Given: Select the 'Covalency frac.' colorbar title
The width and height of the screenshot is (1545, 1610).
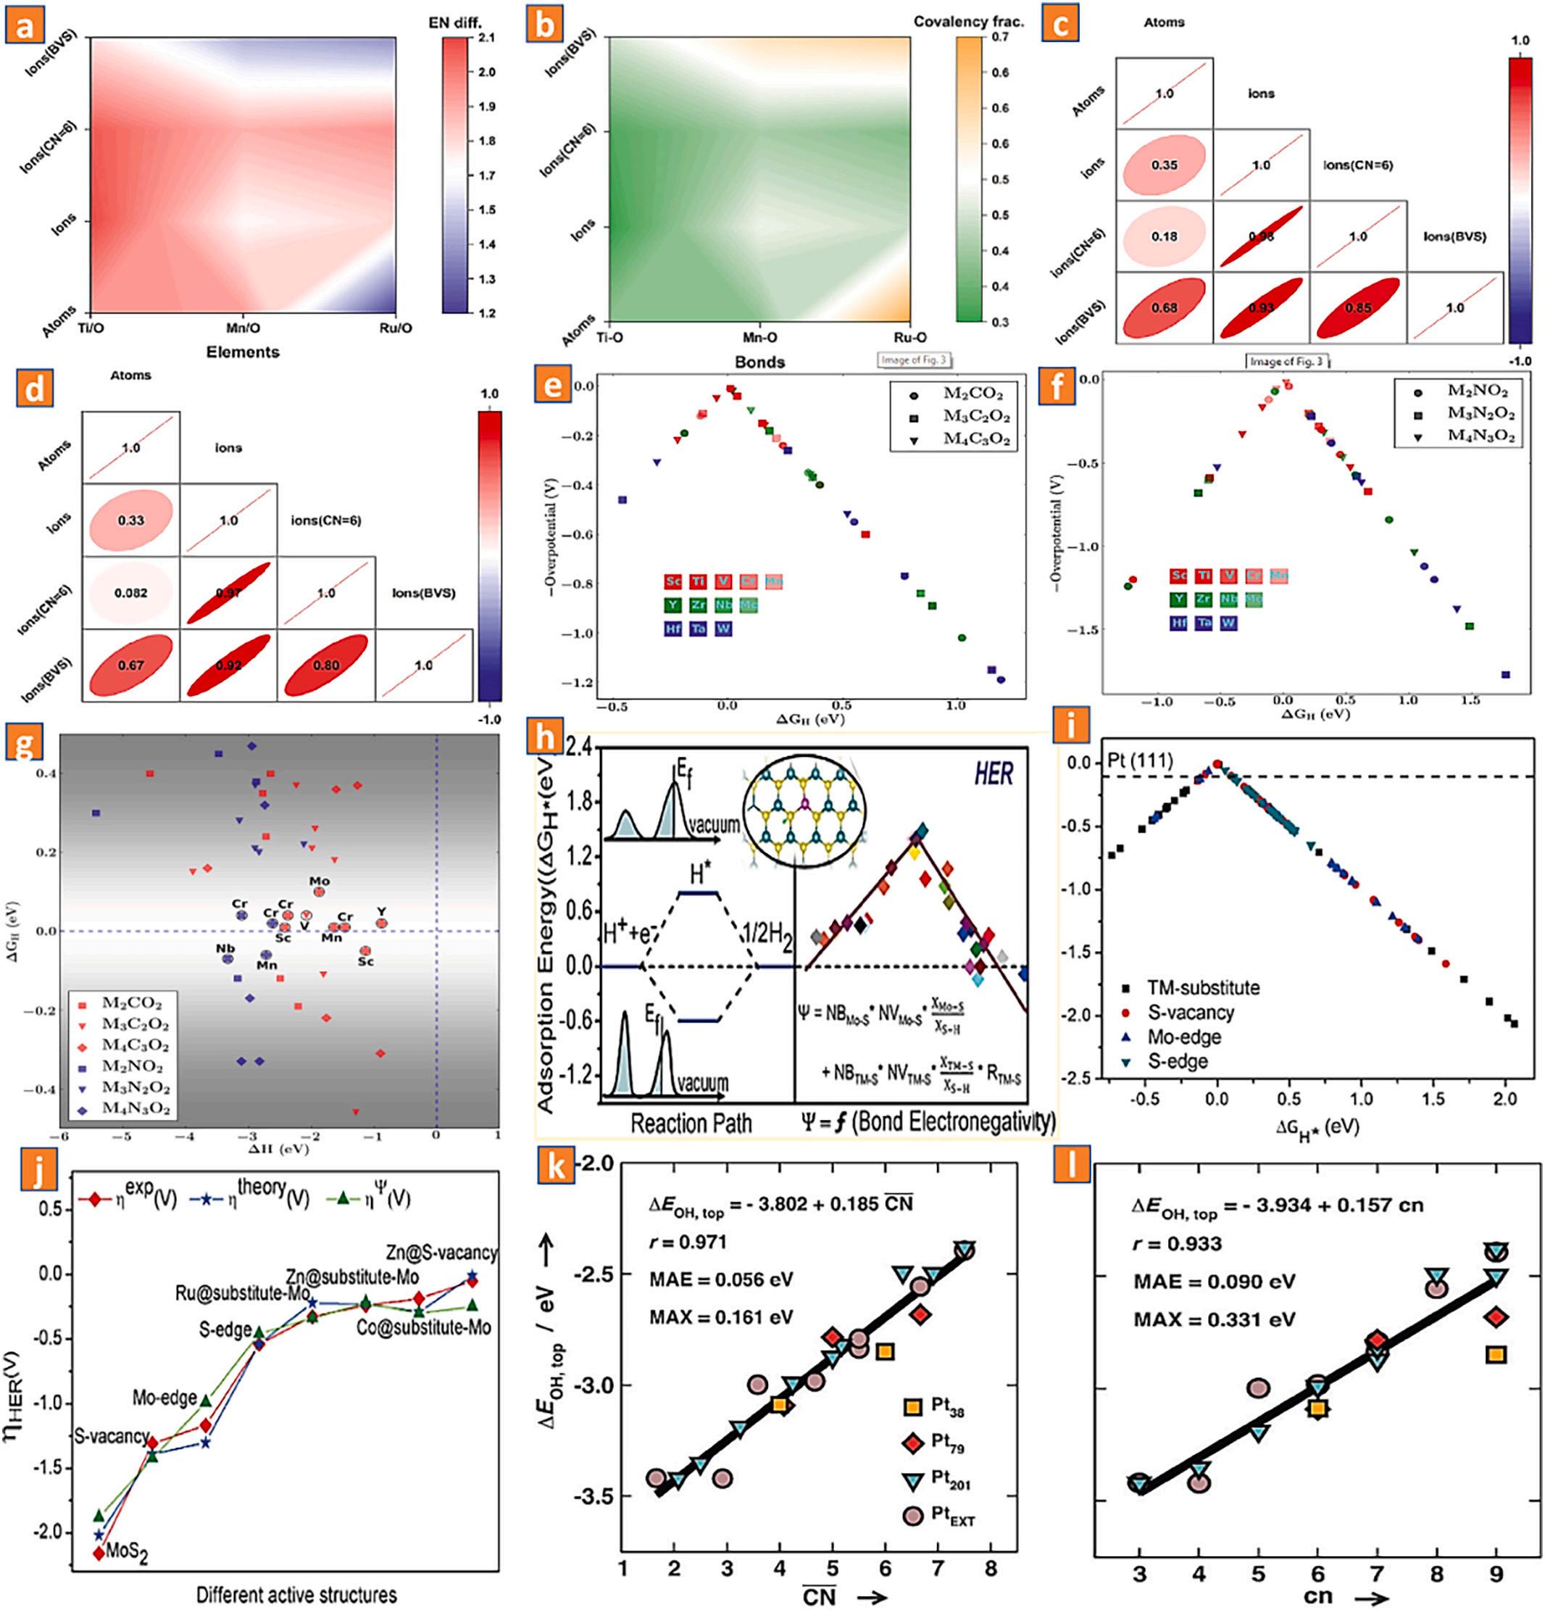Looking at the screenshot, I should (969, 21).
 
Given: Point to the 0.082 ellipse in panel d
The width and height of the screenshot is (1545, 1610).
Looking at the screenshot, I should (130, 592).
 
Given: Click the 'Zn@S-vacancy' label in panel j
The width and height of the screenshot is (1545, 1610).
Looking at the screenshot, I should (441, 1253).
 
